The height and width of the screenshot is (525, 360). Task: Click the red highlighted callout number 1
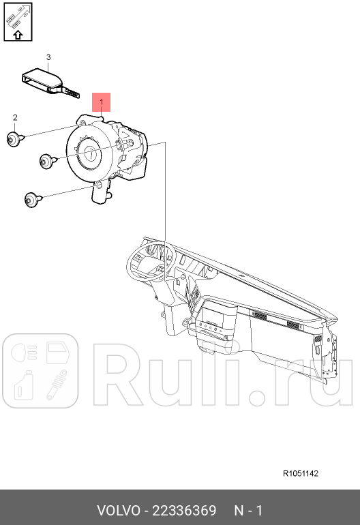point(101,102)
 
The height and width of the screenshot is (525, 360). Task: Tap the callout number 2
point(15,117)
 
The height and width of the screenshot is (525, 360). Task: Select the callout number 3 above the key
point(48,57)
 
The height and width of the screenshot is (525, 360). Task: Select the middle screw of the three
point(48,162)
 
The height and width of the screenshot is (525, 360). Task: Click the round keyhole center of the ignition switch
point(91,153)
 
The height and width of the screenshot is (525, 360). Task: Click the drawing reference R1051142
point(301,473)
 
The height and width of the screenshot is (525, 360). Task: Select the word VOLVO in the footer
point(119,511)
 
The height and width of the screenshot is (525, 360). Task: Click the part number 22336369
point(184,511)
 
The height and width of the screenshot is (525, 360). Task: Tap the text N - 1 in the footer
point(248,511)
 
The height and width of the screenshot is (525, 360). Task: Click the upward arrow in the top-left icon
point(18,35)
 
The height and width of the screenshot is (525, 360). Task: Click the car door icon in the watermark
point(57,353)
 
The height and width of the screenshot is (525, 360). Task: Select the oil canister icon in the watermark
point(24,385)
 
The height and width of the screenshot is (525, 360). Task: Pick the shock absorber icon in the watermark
point(57,385)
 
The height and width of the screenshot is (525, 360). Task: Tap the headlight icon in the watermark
point(24,353)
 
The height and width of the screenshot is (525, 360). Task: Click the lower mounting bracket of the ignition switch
point(101,192)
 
